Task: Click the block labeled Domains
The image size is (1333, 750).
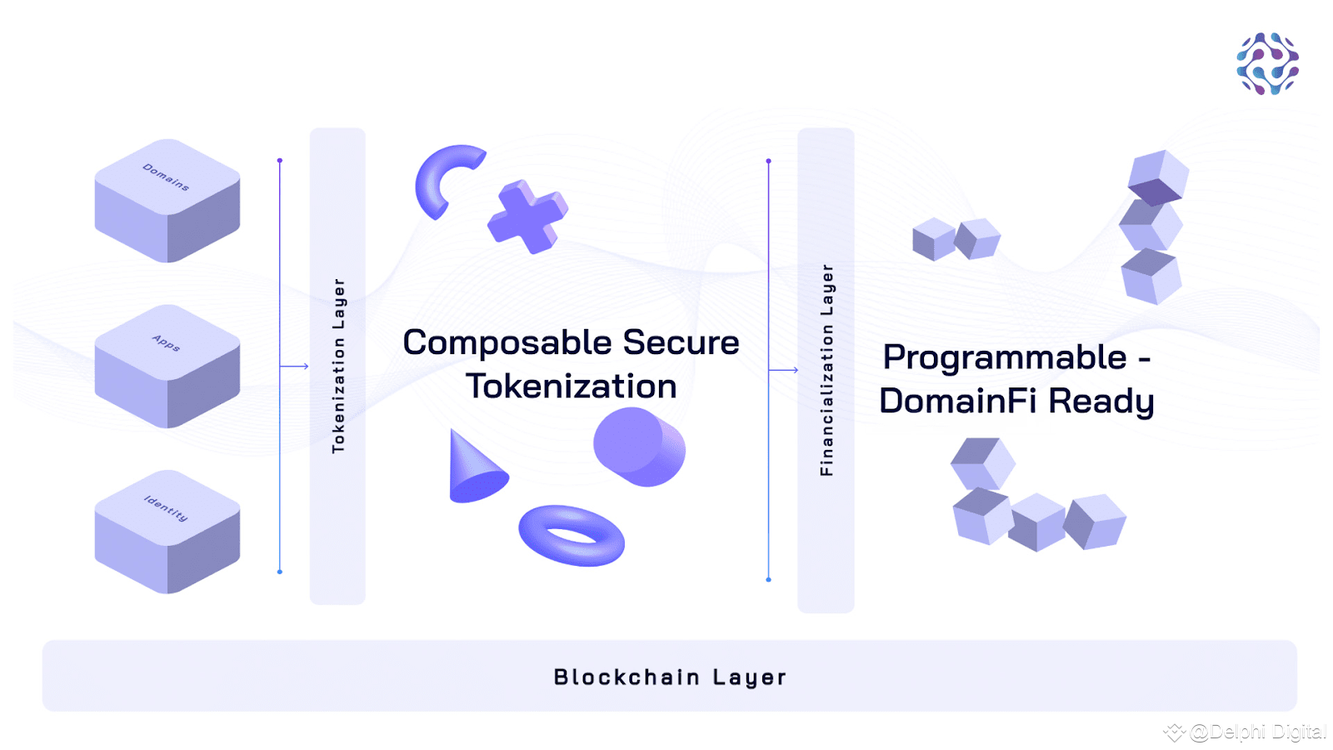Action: (167, 201)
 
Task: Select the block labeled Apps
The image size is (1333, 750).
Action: (167, 366)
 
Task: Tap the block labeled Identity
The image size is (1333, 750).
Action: (167, 532)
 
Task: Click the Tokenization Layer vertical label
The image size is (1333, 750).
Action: (338, 366)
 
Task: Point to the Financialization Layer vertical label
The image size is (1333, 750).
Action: (826, 370)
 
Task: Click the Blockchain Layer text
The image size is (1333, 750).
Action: (670, 677)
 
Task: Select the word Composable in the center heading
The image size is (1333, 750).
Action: (507, 343)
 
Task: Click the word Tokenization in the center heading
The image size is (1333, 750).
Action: (572, 387)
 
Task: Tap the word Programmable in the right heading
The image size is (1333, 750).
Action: (1005, 358)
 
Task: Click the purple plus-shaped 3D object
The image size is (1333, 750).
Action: (528, 217)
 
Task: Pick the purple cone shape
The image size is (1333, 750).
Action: (477, 466)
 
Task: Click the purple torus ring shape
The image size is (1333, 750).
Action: (572, 536)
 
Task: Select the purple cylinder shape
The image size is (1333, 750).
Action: (640, 447)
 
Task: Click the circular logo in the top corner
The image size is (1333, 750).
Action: (1267, 63)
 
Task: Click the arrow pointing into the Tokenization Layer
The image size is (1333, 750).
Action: (295, 366)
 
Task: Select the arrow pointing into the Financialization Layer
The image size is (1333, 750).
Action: (784, 370)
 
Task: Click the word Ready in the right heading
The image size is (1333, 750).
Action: (1101, 402)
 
